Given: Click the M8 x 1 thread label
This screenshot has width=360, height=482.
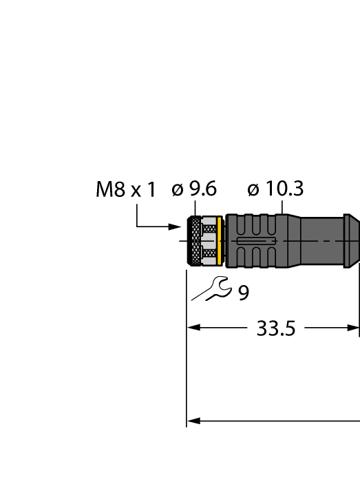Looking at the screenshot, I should pos(126,191).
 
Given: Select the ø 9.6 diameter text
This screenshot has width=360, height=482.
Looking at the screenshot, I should pos(195,189).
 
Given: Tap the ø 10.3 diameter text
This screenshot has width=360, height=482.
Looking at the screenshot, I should pos(275,189).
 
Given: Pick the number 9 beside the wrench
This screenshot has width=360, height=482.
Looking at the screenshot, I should pos(244,293).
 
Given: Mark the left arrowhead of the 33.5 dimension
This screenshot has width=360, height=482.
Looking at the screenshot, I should pos(194,328).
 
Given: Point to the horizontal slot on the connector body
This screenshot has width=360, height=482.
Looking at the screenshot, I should pos(255,242).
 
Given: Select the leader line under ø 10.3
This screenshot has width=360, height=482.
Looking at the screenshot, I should pos(282,207).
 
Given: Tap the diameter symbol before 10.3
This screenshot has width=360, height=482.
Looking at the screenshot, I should pos(253,190).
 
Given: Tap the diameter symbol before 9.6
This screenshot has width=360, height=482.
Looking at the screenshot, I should pos(178,190).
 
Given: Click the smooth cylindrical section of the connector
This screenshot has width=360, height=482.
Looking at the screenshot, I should pos(320,241).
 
